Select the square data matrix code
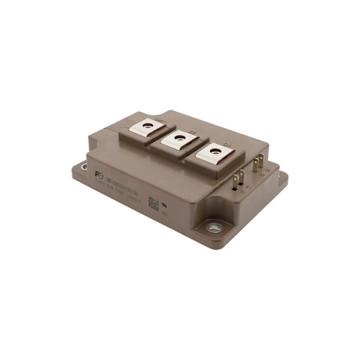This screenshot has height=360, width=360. tap(153, 203)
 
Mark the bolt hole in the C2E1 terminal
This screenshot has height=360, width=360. tap(146, 125)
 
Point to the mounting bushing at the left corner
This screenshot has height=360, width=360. tap(84, 167)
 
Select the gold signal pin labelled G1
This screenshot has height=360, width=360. tap(235, 182)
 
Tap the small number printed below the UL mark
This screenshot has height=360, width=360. tap(164, 215)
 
